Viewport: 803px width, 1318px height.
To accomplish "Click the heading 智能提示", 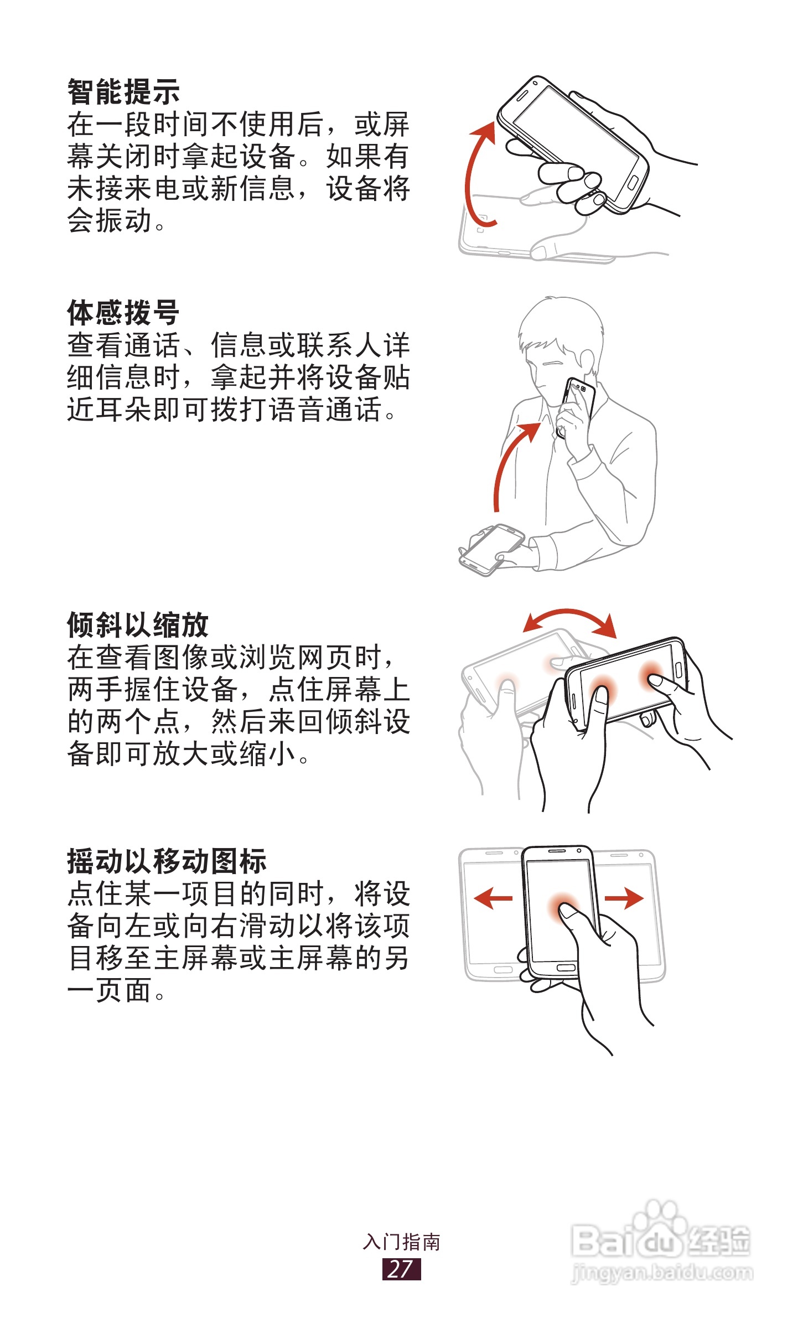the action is [123, 91].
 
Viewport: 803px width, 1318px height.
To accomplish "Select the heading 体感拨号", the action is [123, 313].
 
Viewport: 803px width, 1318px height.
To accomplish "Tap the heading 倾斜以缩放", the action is [138, 625].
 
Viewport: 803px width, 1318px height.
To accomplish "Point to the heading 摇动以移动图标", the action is [167, 861].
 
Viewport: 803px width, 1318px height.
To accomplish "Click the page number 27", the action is [401, 1269].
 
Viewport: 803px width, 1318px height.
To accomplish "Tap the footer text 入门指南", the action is [401, 1242].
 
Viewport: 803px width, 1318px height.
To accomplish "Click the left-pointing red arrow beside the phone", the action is [493, 898].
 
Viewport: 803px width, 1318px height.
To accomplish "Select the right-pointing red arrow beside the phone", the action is [624, 898].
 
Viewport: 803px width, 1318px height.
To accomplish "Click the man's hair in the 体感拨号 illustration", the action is [559, 324].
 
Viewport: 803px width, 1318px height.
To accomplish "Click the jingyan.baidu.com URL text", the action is [662, 1274].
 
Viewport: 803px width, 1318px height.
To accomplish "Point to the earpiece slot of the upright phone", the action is [557, 850].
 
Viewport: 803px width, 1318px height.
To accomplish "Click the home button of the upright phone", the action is [566, 968].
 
